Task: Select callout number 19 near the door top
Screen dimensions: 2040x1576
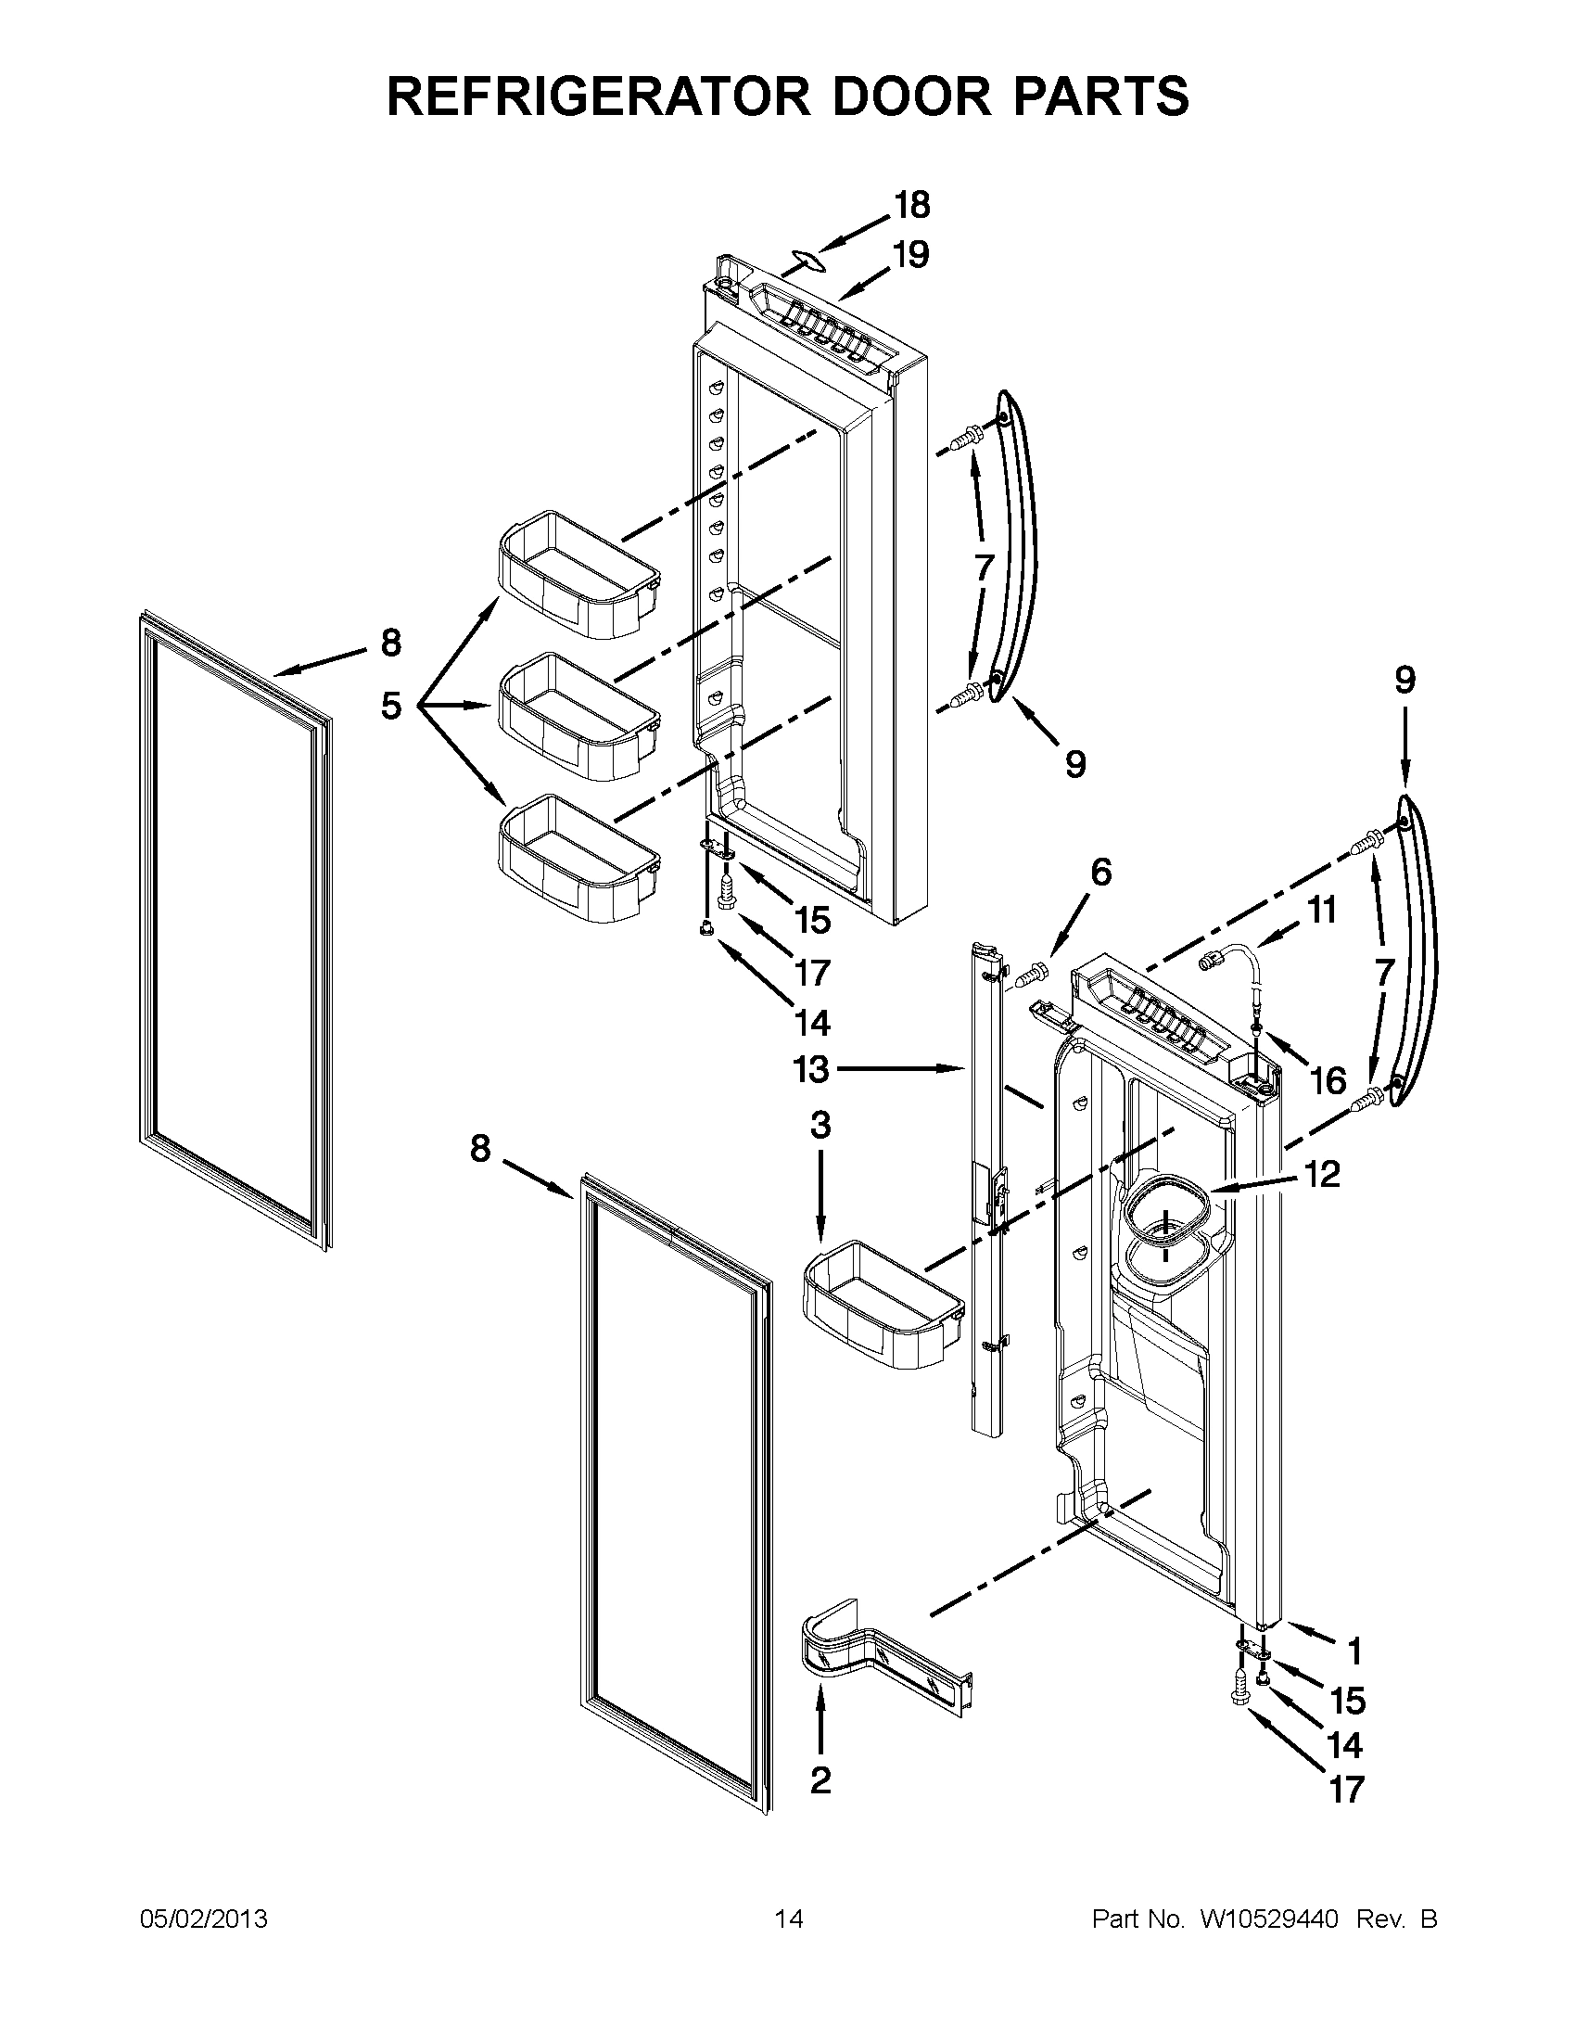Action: [910, 254]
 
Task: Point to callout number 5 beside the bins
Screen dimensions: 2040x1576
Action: [391, 708]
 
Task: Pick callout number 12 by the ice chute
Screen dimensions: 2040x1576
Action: [1324, 1174]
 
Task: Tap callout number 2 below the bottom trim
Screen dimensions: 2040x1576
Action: [820, 1781]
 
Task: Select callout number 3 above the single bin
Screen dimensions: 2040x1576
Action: [820, 1126]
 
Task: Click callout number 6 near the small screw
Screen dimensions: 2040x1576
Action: [1101, 873]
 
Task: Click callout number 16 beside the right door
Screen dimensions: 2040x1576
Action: [1328, 1081]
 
